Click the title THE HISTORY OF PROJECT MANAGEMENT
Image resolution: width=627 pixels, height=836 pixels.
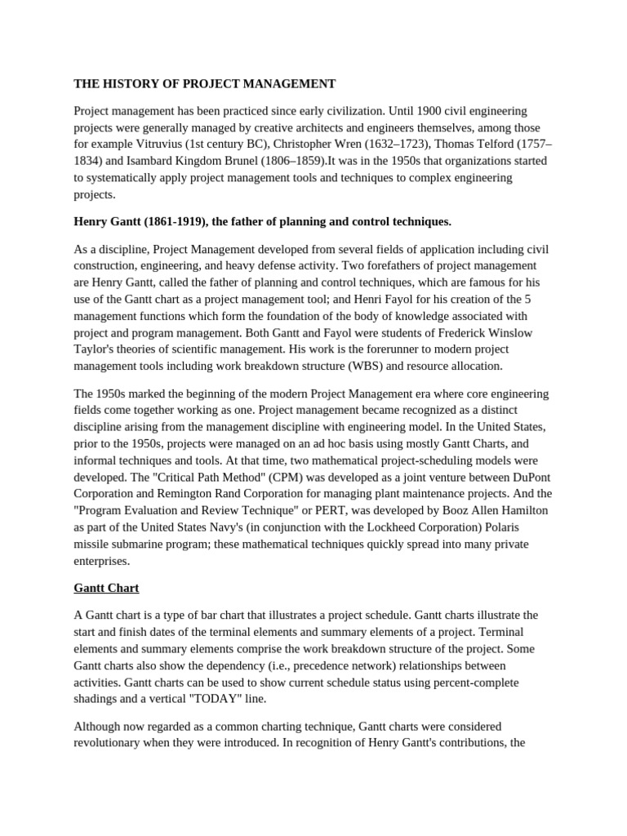[204, 83]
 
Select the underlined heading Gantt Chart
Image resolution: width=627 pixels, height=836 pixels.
[106, 588]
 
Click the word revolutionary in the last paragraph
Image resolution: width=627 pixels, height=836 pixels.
[116, 743]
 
